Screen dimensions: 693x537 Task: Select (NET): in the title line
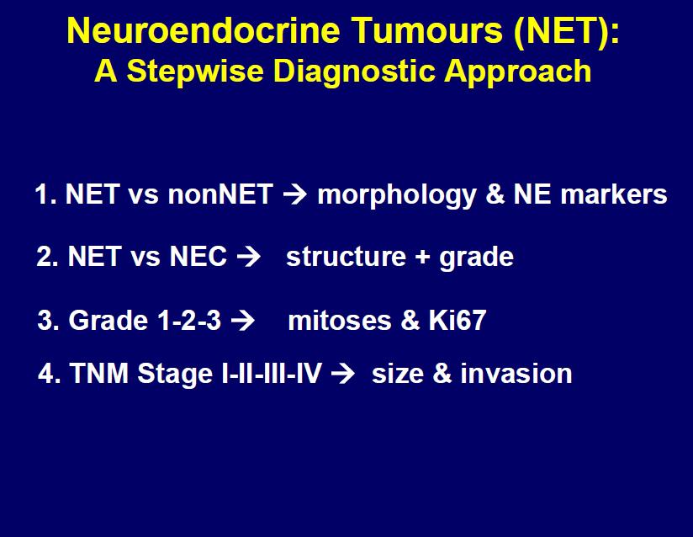(567, 31)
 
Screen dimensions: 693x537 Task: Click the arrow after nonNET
(295, 194)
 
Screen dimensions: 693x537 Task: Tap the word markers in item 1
(613, 195)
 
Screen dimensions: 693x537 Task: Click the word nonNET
(220, 194)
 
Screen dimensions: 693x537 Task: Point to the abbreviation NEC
(198, 257)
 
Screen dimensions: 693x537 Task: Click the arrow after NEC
(248, 257)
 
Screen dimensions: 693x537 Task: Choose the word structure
(346, 257)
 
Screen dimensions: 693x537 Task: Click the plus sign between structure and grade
(422, 258)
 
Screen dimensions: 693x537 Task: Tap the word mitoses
(340, 320)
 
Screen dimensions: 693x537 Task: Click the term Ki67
(458, 320)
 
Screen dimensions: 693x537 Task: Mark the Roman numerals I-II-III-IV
(271, 374)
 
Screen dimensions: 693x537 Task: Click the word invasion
(516, 374)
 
